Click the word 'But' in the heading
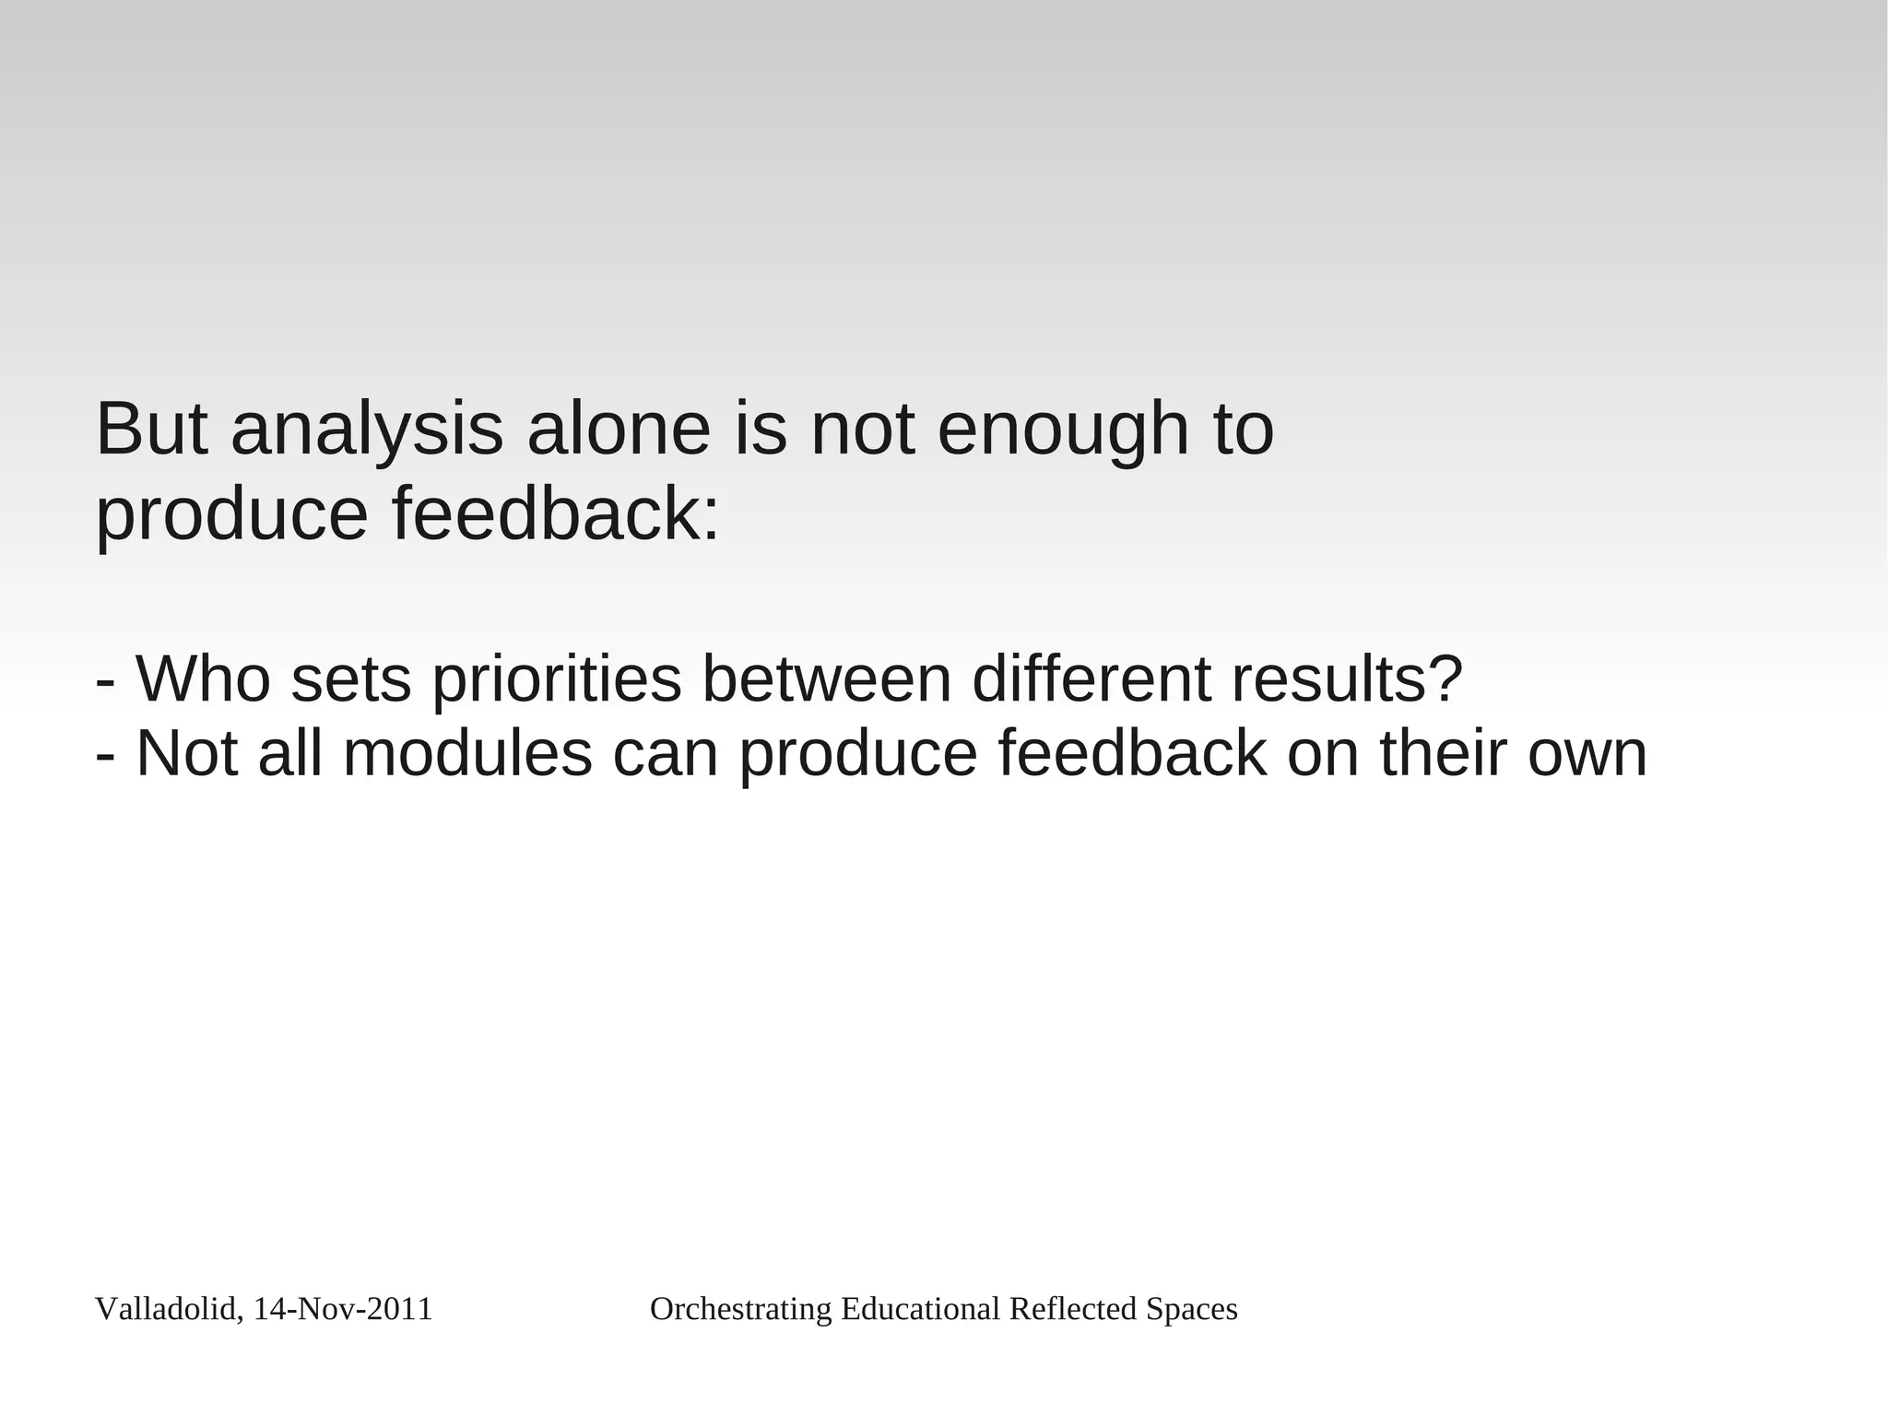[x=152, y=430]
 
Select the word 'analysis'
[x=367, y=431]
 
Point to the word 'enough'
[x=1063, y=431]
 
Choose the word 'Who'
[x=204, y=678]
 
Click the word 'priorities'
[x=557, y=680]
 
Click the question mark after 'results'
[x=1445, y=678]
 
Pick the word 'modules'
[x=467, y=753]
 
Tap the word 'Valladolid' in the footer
[x=166, y=1309]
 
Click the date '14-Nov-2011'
[x=343, y=1309]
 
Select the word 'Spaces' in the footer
[x=1191, y=1310]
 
